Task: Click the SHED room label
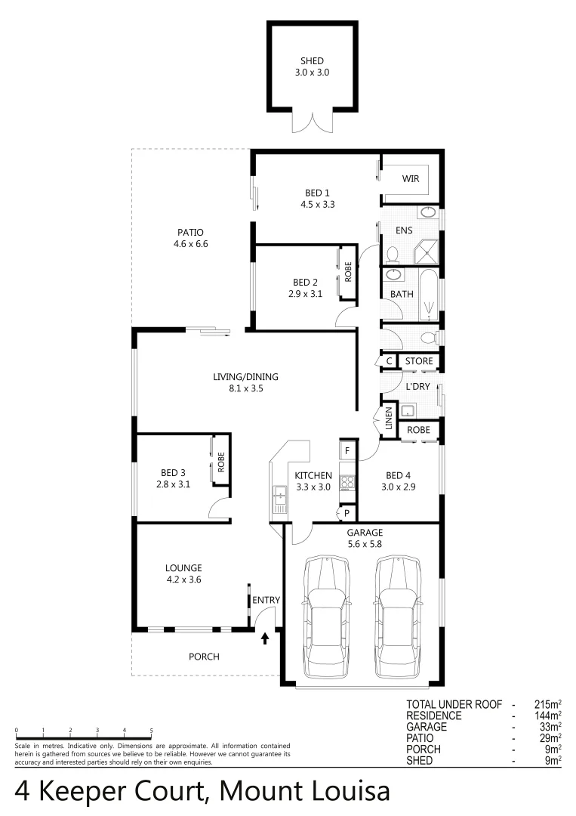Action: pyautogui.click(x=312, y=61)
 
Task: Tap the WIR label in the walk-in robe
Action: pyautogui.click(x=410, y=179)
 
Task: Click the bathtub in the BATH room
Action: pyautogui.click(x=429, y=293)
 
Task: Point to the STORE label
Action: pyautogui.click(x=419, y=361)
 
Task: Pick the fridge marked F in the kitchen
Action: pyautogui.click(x=347, y=451)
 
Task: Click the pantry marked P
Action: pyautogui.click(x=347, y=513)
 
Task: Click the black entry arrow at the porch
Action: pyautogui.click(x=265, y=639)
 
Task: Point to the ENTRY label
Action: pyautogui.click(x=266, y=601)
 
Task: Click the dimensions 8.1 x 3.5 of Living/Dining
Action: pyautogui.click(x=245, y=388)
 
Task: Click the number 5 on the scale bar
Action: pyautogui.click(x=152, y=731)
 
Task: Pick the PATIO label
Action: pyautogui.click(x=190, y=233)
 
